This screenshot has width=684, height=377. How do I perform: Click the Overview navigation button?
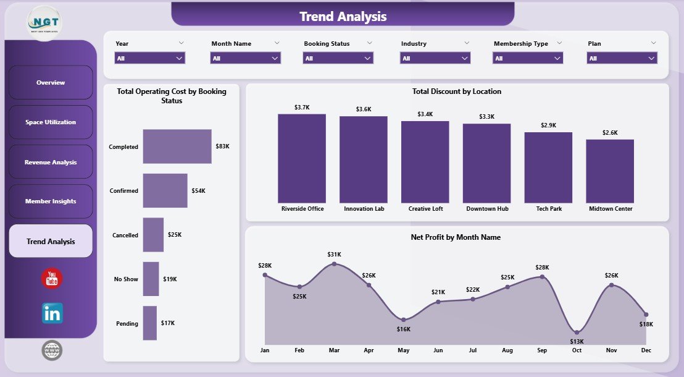(x=51, y=83)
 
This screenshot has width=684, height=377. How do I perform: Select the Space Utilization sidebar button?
(x=51, y=122)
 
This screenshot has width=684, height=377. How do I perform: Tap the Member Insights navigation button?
(x=51, y=201)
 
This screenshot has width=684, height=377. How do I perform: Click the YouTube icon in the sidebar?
(x=52, y=279)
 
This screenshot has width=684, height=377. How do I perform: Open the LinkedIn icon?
(x=52, y=313)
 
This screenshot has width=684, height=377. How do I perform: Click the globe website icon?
(x=52, y=350)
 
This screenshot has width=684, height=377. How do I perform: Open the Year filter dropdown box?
(x=150, y=58)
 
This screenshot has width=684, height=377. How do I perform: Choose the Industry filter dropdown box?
(x=436, y=58)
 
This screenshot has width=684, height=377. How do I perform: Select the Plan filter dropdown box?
(x=622, y=58)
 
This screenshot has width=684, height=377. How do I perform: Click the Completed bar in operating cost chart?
(x=177, y=146)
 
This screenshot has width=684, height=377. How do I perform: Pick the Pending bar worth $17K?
(x=150, y=323)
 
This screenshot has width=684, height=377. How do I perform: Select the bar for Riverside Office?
(x=302, y=159)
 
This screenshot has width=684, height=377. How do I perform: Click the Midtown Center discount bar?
(x=610, y=171)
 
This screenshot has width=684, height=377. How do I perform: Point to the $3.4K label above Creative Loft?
(x=425, y=114)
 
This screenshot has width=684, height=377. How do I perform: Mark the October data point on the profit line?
(x=577, y=332)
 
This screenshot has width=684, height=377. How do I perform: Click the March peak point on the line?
(x=334, y=264)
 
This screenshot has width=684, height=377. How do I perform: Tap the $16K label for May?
(x=403, y=329)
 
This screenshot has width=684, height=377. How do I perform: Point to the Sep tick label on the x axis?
(x=542, y=350)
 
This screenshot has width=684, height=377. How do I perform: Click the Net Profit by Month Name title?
(x=456, y=237)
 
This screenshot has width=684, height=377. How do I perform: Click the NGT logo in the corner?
(x=44, y=22)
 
